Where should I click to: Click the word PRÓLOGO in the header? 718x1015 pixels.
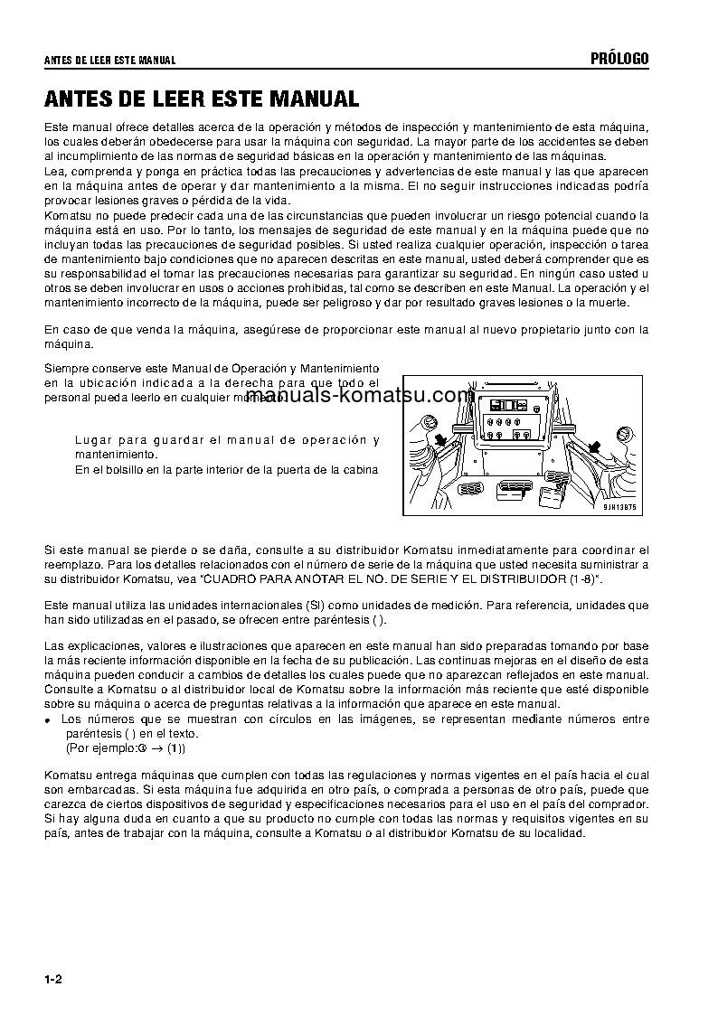tap(619, 60)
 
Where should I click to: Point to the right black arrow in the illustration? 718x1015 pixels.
tap(596, 444)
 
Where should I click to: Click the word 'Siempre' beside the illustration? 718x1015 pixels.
tap(65, 369)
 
